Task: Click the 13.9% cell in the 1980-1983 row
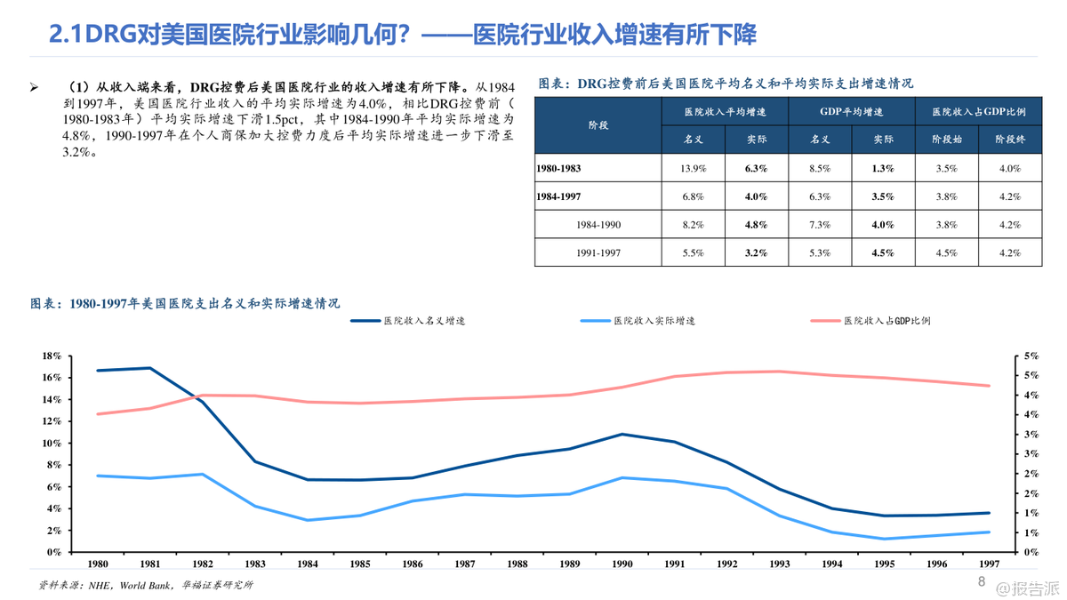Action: (x=693, y=168)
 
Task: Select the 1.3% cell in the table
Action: (x=883, y=168)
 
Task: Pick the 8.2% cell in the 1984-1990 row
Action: (x=693, y=225)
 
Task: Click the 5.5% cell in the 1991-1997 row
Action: (x=693, y=253)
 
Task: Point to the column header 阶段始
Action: (x=946, y=140)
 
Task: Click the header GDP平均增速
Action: (x=851, y=112)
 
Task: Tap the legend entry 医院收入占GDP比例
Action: (x=886, y=320)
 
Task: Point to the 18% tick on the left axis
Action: (x=52, y=356)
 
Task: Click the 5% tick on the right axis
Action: (x=1031, y=356)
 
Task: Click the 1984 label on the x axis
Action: (x=307, y=564)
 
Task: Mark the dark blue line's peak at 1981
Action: (x=149, y=368)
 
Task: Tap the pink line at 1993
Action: (x=779, y=372)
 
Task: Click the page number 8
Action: (x=982, y=582)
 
